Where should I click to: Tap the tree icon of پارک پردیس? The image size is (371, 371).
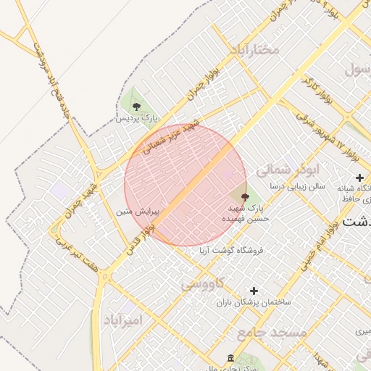[x=136, y=107]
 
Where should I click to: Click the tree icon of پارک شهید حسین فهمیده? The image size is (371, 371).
[x=244, y=196]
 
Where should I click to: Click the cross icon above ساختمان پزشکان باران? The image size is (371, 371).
[x=254, y=291]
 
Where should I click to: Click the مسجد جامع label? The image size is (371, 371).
[x=272, y=332]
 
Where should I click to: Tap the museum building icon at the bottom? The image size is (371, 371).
[x=230, y=359]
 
